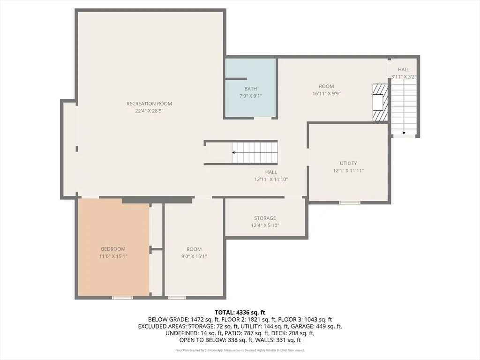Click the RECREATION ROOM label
[149, 104]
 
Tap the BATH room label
[250, 89]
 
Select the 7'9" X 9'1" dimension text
[250, 96]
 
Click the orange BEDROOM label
[113, 249]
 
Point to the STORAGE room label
[265, 218]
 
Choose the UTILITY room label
[348, 163]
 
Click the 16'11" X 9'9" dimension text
[326, 93]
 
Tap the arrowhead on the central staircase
[233, 152]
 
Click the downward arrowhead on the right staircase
[404, 133]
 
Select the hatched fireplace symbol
[380, 102]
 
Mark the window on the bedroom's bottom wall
[122, 298]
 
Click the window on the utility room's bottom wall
[350, 202]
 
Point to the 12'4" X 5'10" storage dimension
[265, 225]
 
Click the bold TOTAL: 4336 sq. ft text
[240, 313]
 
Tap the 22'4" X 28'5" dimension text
[149, 111]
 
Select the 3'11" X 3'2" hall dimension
[404, 77]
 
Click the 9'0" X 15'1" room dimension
[194, 256]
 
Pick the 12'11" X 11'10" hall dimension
[271, 180]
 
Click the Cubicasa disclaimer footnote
[240, 350]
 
